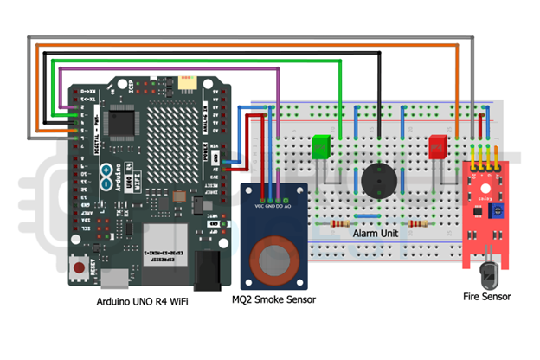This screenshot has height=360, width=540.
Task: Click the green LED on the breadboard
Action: tap(322, 146)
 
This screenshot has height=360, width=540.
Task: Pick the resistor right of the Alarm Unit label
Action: tap(421, 222)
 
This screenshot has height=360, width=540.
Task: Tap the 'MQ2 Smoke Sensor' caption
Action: tap(273, 299)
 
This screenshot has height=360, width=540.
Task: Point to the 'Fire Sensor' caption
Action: tap(487, 297)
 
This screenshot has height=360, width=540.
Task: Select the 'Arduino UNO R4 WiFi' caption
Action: tap(142, 303)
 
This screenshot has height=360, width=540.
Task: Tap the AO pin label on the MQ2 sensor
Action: tap(287, 207)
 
